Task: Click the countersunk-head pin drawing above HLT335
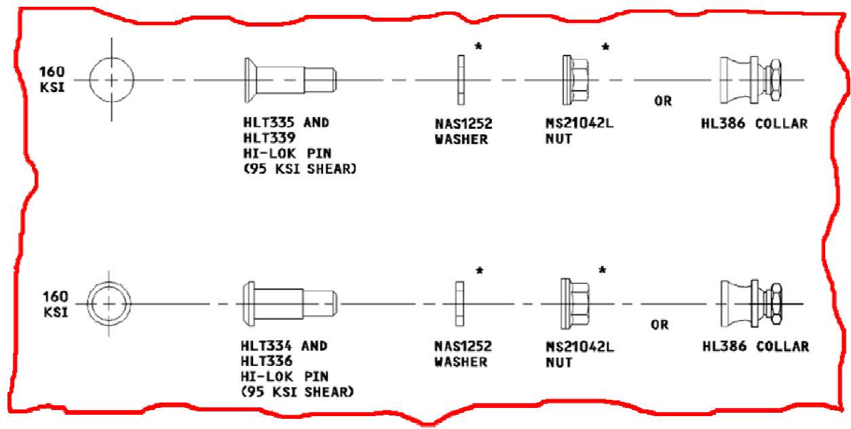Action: tap(289, 80)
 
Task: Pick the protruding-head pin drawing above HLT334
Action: tap(289, 303)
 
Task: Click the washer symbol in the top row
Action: tap(461, 80)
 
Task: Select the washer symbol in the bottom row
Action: tap(459, 303)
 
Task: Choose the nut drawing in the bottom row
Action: tap(574, 303)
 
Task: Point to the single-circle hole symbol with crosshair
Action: tap(112, 80)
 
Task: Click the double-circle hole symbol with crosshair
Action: tap(109, 303)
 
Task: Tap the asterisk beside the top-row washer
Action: tap(478, 47)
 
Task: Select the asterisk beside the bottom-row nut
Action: tap(602, 271)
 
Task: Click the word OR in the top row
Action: tap(662, 102)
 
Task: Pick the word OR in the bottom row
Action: tap(660, 325)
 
